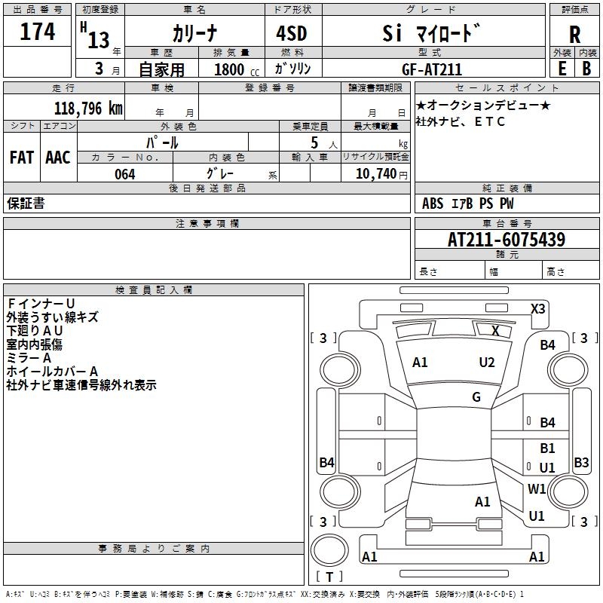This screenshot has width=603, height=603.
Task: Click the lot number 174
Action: [x=38, y=32]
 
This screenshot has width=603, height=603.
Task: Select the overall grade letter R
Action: [x=574, y=35]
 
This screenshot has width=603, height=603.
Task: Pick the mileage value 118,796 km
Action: [x=88, y=108]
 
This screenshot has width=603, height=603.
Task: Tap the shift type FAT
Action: [x=21, y=158]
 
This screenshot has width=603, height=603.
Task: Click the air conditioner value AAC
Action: [x=58, y=158]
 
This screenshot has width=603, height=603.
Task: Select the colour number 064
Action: [x=124, y=174]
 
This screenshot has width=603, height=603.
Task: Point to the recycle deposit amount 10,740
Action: [x=375, y=174]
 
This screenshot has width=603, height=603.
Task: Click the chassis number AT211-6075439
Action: [x=506, y=240]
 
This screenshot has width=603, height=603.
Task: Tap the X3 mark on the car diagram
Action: [x=538, y=308]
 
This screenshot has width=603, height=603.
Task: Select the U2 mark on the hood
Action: [x=487, y=363]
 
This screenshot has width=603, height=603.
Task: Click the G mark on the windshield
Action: [x=476, y=397]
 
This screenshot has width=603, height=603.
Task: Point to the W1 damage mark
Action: [x=537, y=488]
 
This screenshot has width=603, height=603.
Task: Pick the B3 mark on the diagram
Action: [x=581, y=463]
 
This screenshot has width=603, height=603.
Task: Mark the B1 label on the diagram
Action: [x=547, y=448]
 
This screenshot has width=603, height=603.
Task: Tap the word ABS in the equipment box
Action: [x=433, y=204]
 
